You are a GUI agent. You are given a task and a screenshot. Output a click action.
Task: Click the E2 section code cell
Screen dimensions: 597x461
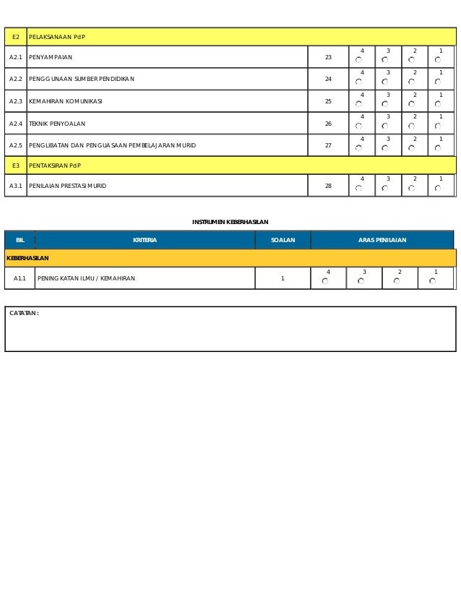[15, 36]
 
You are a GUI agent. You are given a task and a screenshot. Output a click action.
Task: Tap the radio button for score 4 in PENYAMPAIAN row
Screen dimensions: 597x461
[359, 60]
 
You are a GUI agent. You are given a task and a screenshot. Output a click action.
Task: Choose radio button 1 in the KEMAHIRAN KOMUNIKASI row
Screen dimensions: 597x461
[438, 105]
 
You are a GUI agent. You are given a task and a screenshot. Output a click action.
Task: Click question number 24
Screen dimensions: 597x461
[328, 79]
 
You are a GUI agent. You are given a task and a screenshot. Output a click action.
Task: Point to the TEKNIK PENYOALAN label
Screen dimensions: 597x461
[57, 124]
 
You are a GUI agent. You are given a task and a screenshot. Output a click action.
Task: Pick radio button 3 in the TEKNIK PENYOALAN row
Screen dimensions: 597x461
[385, 127]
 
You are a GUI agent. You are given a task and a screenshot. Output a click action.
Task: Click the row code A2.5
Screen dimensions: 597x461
[15, 145]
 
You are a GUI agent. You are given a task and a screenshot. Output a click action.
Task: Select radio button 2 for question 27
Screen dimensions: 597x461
[411, 149]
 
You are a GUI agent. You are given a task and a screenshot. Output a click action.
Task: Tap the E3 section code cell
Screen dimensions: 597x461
[15, 166]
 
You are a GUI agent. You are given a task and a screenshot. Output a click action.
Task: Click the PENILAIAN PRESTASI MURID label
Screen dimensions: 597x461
[67, 186]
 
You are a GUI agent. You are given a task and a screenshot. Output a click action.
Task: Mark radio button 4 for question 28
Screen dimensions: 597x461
[359, 189]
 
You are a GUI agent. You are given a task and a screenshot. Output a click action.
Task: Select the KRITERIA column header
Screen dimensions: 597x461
[145, 239]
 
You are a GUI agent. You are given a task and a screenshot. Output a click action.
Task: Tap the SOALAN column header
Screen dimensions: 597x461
[283, 239]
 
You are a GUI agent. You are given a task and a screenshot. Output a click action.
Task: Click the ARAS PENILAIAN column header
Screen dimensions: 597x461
[382, 239]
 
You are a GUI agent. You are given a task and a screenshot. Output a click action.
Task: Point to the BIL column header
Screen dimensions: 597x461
[20, 239]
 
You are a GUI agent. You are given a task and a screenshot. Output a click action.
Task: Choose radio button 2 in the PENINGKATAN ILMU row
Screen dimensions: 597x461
[396, 280]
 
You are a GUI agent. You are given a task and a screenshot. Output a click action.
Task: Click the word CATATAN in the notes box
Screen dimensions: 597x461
[24, 313]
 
